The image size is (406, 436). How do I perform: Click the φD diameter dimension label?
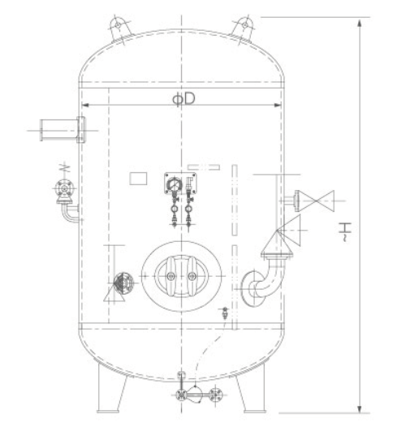click(x=184, y=99)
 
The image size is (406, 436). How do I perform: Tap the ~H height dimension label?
click(x=345, y=231)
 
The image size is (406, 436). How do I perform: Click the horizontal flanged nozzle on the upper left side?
click(x=63, y=130)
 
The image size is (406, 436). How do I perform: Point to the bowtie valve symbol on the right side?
click(x=316, y=201)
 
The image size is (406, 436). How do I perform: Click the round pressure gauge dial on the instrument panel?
click(x=175, y=184)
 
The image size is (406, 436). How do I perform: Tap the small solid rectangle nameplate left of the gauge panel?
click(x=138, y=179)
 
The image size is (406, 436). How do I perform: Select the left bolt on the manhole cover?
click(x=171, y=276)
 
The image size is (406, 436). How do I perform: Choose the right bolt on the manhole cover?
click(x=192, y=276)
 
